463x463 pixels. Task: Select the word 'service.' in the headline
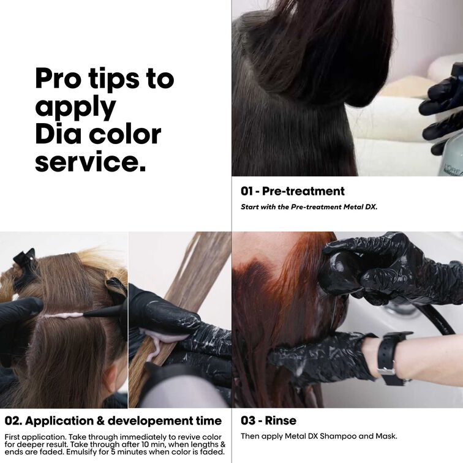[91, 162]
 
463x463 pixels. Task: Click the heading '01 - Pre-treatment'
[292, 191]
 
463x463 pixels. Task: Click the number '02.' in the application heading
[13, 421]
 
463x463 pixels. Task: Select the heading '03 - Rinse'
[268, 421]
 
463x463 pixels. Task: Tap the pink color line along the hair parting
[64, 315]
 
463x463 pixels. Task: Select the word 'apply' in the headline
[75, 108]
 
